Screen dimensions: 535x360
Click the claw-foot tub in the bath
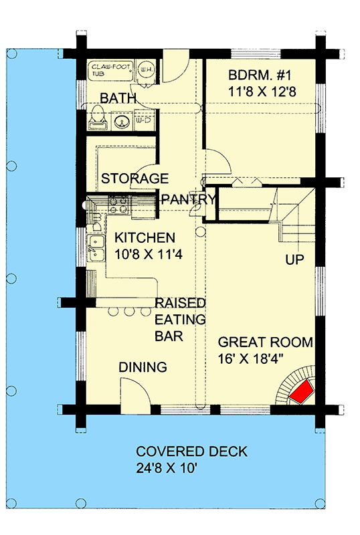111,72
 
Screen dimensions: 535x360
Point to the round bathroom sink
122,122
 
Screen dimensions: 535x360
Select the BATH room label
118,99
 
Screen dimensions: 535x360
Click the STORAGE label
134,179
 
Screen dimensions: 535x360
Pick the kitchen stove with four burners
118,203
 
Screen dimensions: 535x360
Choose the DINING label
143,367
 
